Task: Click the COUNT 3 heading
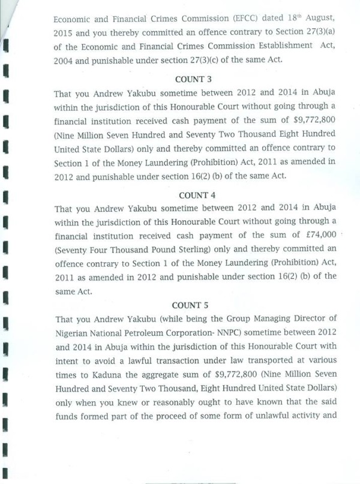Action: [x=193, y=80]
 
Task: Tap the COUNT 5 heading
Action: [x=193, y=305]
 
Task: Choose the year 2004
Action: [x=64, y=59]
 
